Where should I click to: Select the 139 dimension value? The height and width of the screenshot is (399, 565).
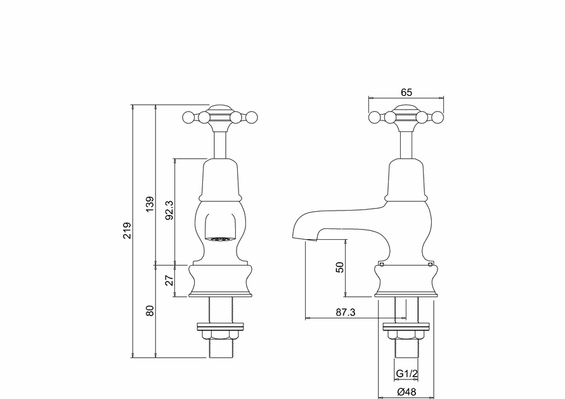click(150, 204)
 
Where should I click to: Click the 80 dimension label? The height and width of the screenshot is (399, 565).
click(150, 311)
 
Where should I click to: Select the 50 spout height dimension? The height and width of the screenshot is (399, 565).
click(340, 267)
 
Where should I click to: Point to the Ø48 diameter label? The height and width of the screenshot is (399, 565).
click(406, 391)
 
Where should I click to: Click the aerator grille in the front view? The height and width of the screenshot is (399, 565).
click(220, 240)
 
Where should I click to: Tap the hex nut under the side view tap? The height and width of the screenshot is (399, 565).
click(406, 336)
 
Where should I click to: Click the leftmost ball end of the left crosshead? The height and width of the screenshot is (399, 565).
click(188, 117)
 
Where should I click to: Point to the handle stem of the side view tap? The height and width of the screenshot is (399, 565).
click(406, 143)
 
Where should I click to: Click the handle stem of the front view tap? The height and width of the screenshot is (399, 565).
click(220, 143)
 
